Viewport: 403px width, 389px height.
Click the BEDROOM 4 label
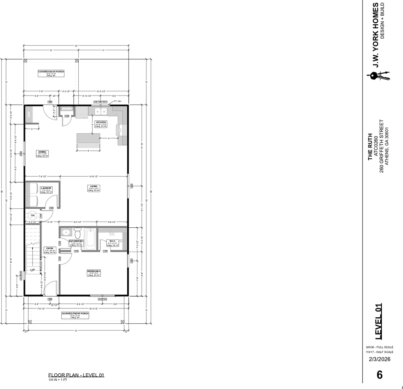tap(94, 272)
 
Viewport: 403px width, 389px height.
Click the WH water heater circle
tap(33, 215)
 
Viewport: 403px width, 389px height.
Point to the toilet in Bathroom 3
tap(78, 234)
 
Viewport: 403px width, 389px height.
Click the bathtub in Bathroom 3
tap(91, 239)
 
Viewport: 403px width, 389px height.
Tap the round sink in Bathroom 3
tap(66, 233)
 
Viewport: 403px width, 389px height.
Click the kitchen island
tap(88, 138)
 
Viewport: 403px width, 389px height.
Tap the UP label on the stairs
tap(32, 270)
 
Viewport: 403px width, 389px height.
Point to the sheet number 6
tap(379, 375)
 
